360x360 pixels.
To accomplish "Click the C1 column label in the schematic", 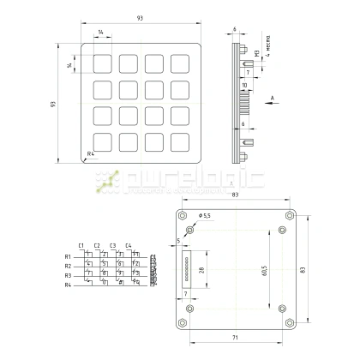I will pyautogui.click(x=81, y=245).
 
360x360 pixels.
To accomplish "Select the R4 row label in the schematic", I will pyautogui.click(x=67, y=285).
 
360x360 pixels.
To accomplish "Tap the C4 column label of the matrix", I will pyautogui.click(x=129, y=245).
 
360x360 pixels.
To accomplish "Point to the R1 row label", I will pyautogui.click(x=67, y=256).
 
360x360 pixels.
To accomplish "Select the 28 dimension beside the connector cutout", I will pyautogui.click(x=201, y=271).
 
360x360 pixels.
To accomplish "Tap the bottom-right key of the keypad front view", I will pyautogui.click(x=181, y=141).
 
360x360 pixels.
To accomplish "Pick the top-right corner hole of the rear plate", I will pyautogui.click(x=292, y=216).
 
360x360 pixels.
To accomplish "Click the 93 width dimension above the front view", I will pyautogui.click(x=141, y=18).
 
